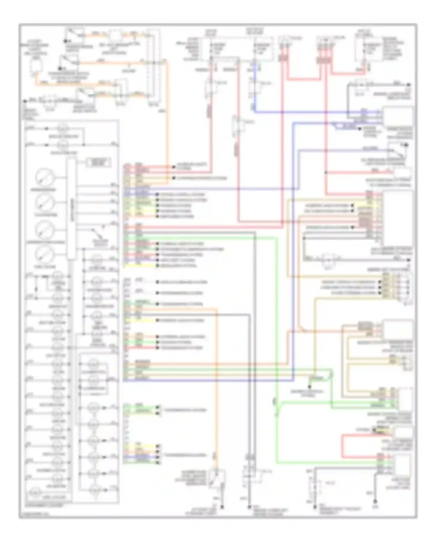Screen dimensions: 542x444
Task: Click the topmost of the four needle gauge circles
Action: pyautogui.click(x=44, y=177)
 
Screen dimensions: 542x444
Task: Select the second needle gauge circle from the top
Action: pyautogui.click(x=44, y=203)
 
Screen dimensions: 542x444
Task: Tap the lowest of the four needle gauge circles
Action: pyautogui.click(x=44, y=254)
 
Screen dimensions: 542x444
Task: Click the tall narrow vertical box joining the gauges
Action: pyautogui.click(x=71, y=208)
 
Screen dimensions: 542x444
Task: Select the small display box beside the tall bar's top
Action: pyautogui.click(x=99, y=162)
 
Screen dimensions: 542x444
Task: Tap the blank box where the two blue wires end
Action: pyautogui.click(x=398, y=116)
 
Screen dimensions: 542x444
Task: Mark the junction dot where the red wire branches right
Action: pyautogui.click(x=326, y=173)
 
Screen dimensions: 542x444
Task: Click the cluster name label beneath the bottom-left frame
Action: pyautogui.click(x=44, y=505)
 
